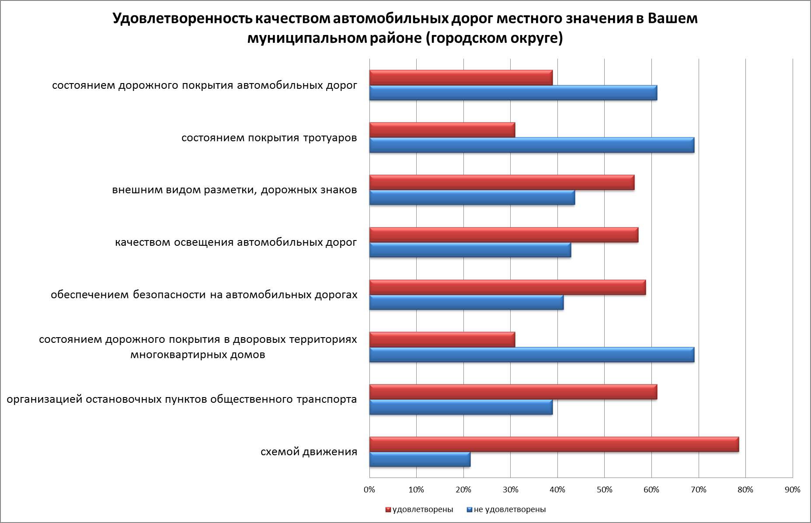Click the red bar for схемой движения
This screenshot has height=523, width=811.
pos(553,444)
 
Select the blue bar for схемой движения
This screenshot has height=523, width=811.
pos(420,460)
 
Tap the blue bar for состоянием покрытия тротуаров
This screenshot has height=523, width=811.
pos(532,145)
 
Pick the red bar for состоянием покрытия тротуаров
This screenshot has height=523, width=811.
pos(442,130)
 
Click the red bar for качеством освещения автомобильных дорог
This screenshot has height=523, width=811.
pos(504,235)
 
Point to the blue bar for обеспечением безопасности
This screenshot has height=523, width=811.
pos(466,303)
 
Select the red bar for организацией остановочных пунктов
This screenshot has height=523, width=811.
pos(513,392)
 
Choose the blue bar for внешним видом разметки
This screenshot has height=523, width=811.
pos(472,198)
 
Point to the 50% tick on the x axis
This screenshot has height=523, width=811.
pos(604,490)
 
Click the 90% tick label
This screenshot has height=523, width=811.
pos(792,490)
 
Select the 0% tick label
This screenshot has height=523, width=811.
pos(369,490)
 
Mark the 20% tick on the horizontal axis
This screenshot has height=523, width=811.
pos(463,490)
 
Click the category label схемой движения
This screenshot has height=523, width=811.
pos(309,452)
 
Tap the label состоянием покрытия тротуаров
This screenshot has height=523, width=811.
pos(269,138)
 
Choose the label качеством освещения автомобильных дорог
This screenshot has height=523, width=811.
pos(236,242)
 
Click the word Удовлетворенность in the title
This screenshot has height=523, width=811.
pos(182,19)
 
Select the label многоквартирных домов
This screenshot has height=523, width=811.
pos(198,354)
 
